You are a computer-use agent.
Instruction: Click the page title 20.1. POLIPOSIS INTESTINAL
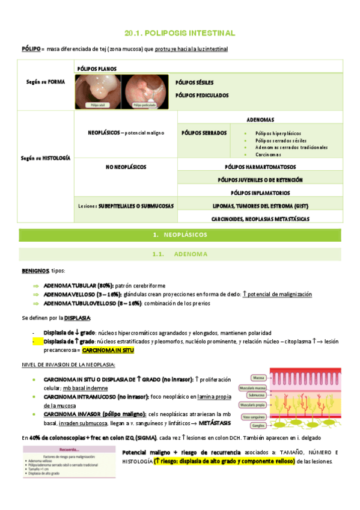[180, 33]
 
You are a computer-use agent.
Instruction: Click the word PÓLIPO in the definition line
[31, 49]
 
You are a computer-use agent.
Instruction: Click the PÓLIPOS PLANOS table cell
[97, 69]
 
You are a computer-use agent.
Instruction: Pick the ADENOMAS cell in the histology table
[260, 119]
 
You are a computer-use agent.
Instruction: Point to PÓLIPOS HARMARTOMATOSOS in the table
[260, 167]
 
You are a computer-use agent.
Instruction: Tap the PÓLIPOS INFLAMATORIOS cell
[260, 192]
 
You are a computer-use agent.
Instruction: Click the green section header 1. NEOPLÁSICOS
[180, 233]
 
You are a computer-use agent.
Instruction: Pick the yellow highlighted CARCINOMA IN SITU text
[108, 349]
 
